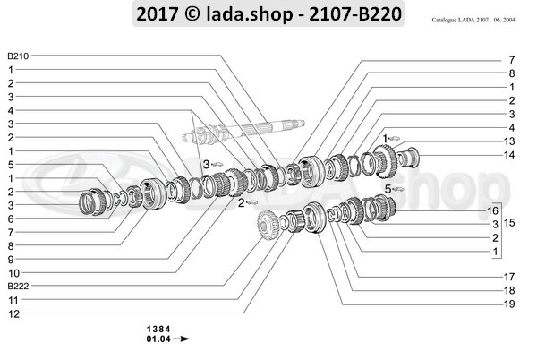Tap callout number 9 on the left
tap(11, 259)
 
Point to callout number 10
tap(13, 272)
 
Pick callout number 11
tap(13, 300)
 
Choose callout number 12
tap(13, 313)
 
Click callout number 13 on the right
tap(509, 141)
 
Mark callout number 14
tap(509, 155)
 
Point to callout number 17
tap(509, 277)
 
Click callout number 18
tap(509, 291)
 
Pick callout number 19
tap(509, 305)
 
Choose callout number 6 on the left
tap(11, 218)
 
